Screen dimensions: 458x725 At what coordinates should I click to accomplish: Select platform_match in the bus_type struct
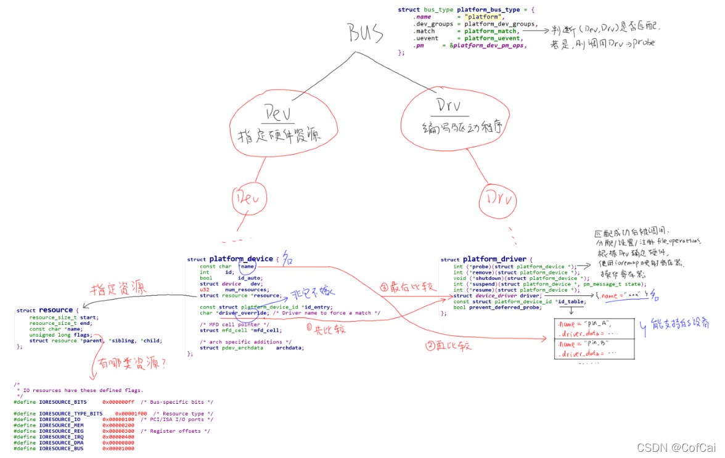(x=491, y=31)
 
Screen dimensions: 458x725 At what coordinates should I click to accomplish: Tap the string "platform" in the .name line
(x=481, y=17)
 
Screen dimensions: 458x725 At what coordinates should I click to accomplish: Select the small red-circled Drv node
(x=497, y=198)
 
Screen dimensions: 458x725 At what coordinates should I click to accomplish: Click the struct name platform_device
(x=240, y=259)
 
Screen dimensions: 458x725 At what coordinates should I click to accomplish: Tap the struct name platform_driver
(x=494, y=260)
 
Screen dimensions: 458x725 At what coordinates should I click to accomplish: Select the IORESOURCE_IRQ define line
(x=62, y=437)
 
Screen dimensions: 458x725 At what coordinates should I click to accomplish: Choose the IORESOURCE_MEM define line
(x=62, y=425)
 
